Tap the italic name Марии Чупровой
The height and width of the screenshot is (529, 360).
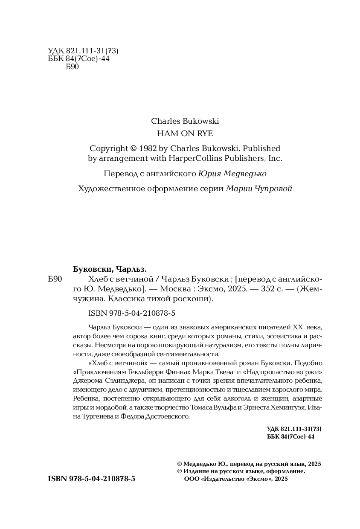pyautogui.click(x=259, y=189)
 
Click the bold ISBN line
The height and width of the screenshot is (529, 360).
pyautogui.click(x=92, y=479)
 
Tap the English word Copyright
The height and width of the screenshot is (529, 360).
pyautogui.click(x=109, y=148)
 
